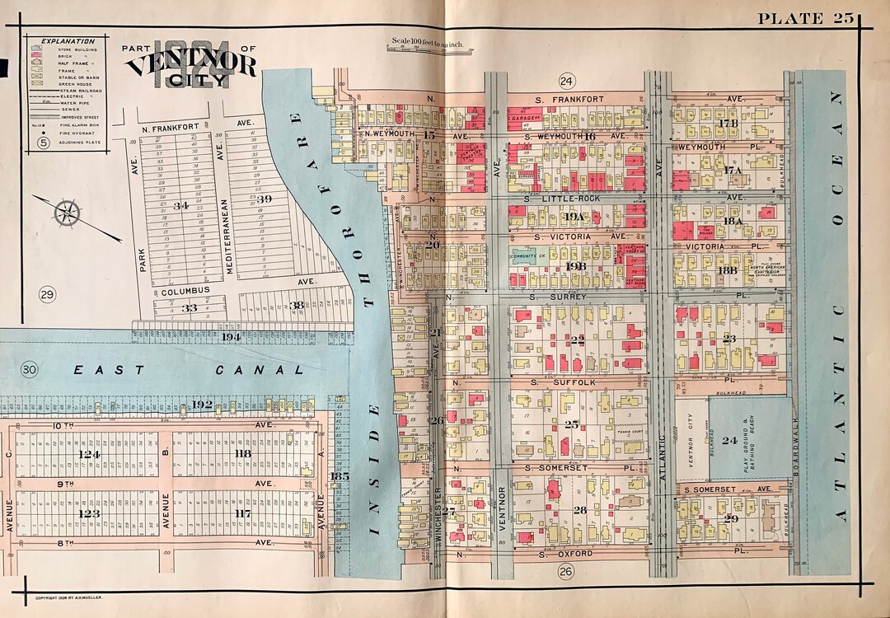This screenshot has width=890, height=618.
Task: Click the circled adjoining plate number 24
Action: tap(566, 80)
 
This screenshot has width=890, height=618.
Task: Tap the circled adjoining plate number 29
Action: tap(46, 294)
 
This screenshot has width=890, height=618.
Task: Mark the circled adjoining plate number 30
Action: tap(30, 369)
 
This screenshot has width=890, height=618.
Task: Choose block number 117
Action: tap(242, 513)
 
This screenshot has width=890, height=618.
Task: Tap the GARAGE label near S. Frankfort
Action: tap(523, 118)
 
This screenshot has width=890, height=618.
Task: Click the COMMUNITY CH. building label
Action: tap(533, 256)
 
